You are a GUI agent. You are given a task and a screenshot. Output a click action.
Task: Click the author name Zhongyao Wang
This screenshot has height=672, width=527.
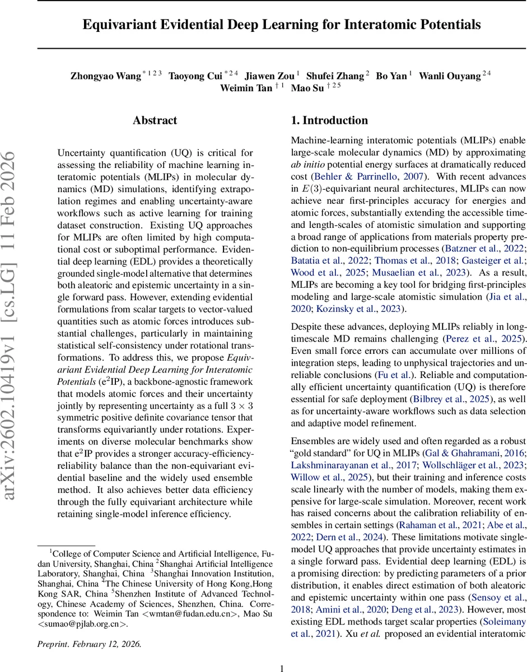pos(105,76)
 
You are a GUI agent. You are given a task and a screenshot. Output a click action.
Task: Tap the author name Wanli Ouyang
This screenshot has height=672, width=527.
pos(450,76)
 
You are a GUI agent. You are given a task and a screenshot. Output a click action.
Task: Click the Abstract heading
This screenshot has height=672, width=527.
pos(155,120)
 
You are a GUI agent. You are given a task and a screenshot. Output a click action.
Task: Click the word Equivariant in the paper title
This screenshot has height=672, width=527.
pos(116,25)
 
